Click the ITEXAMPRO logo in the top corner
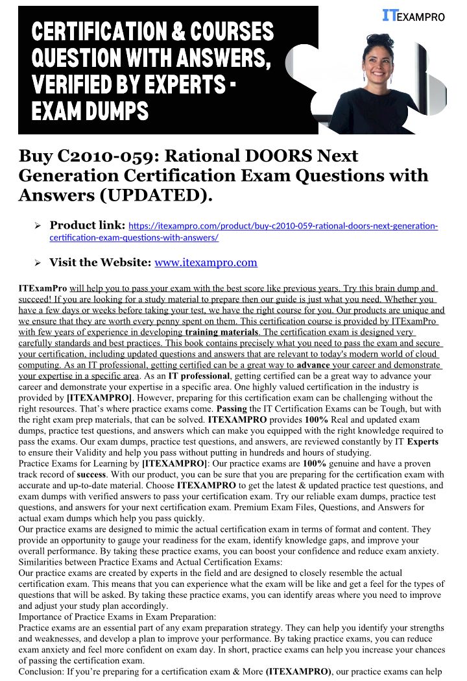coord(414,16)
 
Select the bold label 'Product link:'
coord(87,225)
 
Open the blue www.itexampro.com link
coord(206,263)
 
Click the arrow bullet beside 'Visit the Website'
coord(38,263)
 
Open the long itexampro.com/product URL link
coord(283,226)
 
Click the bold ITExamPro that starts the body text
coord(43,288)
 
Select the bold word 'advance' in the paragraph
coord(313,365)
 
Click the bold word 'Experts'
coord(422,442)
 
